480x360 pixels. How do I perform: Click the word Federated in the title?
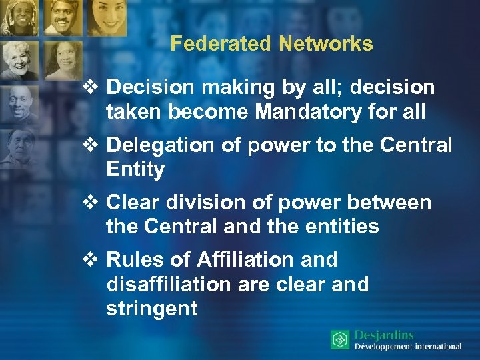(x=219, y=44)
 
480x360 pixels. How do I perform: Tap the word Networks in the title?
(x=326, y=44)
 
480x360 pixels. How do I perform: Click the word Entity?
(x=135, y=169)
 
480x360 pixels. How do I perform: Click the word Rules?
(x=132, y=259)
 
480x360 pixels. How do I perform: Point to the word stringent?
(x=151, y=309)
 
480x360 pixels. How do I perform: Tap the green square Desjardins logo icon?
(x=340, y=340)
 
